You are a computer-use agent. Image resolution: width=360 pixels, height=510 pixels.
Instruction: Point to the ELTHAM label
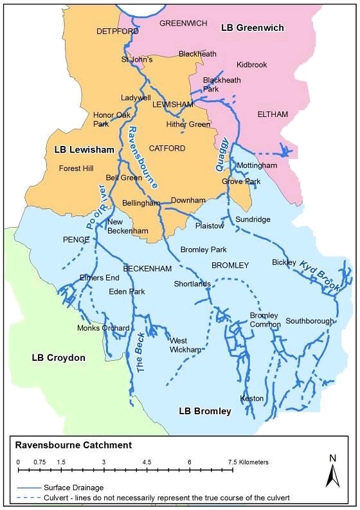pyautogui.click(x=273, y=114)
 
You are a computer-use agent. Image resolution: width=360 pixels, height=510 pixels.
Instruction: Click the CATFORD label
pyautogui.click(x=167, y=149)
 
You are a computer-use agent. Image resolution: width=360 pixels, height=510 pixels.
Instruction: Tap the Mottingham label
pyautogui.click(x=256, y=166)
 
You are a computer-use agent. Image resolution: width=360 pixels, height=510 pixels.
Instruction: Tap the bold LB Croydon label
pyautogui.click(x=59, y=358)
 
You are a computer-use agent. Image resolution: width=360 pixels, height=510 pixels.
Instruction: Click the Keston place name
pyautogui.click(x=251, y=399)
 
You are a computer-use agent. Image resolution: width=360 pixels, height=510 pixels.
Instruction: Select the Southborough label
pyautogui.click(x=310, y=321)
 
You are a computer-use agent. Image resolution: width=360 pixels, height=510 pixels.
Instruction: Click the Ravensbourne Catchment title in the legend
pyautogui.click(x=74, y=445)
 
